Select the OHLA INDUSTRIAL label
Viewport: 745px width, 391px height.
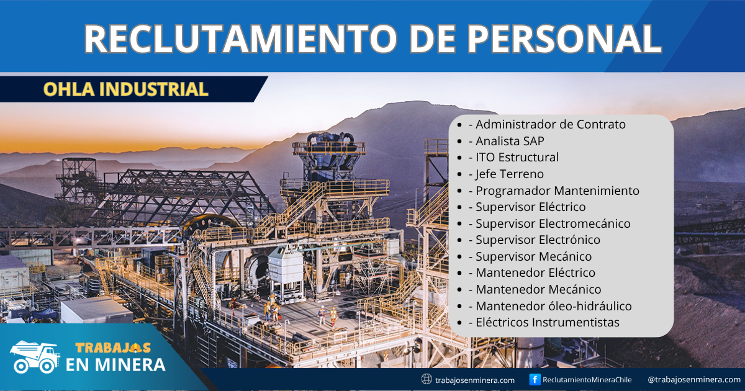(x=125, y=89)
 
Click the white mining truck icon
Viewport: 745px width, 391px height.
(x=34, y=357)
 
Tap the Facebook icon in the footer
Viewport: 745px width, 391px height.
(x=535, y=379)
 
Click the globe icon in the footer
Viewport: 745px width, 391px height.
(x=427, y=379)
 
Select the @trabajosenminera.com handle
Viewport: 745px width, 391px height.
(x=693, y=380)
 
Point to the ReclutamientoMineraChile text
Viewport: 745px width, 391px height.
(x=587, y=380)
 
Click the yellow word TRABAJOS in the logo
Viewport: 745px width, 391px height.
(x=112, y=349)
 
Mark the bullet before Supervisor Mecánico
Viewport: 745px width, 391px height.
(x=459, y=257)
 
